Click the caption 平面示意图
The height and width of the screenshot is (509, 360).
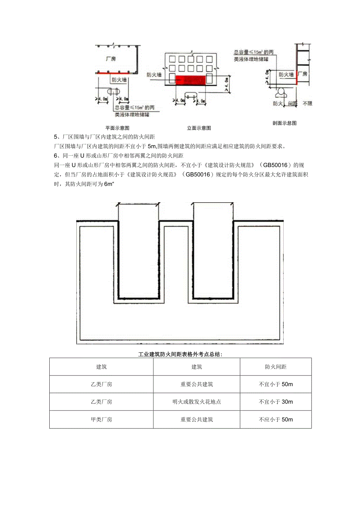117,128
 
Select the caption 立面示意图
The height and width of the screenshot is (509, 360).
199,128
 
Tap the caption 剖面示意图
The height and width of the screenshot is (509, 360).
284,123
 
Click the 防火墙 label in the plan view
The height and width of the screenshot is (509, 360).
119,79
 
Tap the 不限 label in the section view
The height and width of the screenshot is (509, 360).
308,104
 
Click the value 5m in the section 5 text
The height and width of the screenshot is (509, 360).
152,147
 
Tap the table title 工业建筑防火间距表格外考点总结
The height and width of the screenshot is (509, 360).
180,354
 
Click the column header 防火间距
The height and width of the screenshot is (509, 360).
275,367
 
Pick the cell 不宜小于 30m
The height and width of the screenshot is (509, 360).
275,402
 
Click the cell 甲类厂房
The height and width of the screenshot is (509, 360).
101,419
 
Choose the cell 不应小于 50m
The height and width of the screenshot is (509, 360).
275,419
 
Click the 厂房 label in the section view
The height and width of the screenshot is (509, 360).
302,74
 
